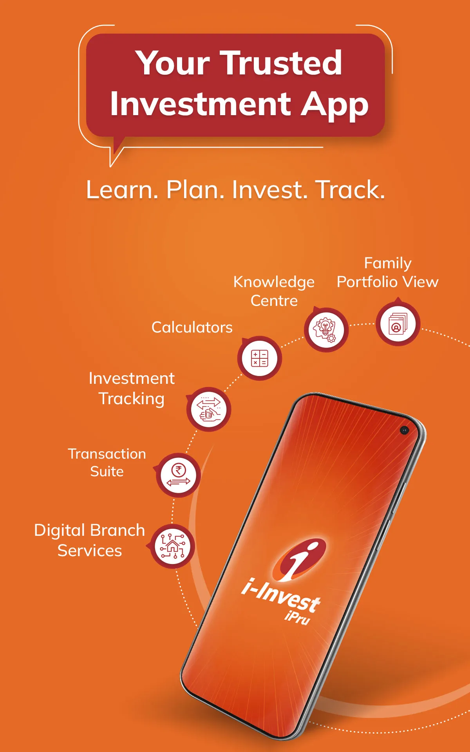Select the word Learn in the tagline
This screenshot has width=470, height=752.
(122, 190)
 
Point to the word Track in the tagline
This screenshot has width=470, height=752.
(350, 190)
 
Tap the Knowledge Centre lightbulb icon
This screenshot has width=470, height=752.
(326, 330)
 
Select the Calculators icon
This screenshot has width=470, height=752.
(259, 358)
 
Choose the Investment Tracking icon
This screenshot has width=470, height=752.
(209, 409)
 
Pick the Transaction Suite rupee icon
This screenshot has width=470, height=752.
(179, 475)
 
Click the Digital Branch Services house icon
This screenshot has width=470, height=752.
(173, 546)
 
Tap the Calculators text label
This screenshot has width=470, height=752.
(192, 327)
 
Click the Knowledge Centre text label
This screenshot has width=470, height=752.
(274, 291)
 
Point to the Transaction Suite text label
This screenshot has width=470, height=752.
(107, 463)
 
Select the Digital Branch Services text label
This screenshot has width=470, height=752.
(90, 540)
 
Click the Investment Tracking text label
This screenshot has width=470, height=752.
(132, 389)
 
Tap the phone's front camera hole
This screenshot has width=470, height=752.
(405, 430)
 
